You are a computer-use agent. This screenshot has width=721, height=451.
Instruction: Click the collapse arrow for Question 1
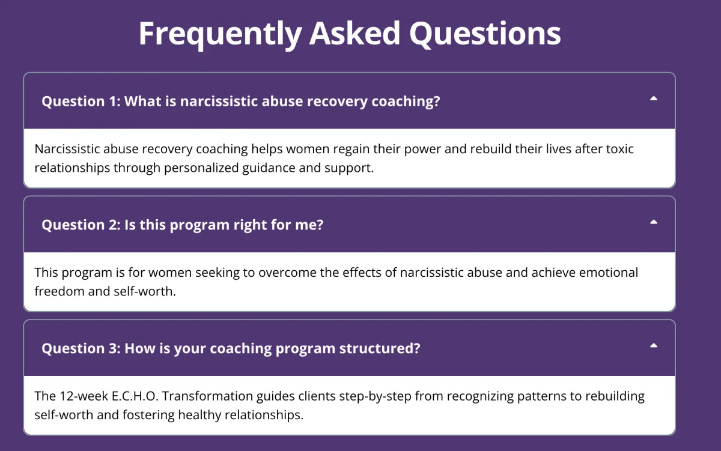(654, 98)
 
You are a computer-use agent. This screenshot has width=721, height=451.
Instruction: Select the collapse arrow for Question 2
(654, 222)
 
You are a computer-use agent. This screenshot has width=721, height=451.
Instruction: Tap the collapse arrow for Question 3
(654, 345)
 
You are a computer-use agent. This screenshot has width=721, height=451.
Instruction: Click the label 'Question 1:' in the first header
(81, 101)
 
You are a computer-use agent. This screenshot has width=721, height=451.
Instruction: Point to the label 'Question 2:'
(81, 225)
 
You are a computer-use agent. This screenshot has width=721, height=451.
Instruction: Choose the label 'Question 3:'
(81, 348)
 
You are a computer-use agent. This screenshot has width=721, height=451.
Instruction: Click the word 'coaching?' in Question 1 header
(406, 101)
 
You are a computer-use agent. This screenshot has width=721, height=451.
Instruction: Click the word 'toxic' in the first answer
(620, 149)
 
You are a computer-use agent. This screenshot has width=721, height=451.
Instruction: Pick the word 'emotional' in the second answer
(608, 273)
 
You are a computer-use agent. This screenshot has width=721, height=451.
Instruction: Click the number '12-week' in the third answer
(84, 396)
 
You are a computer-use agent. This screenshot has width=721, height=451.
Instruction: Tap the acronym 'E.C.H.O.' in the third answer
(135, 396)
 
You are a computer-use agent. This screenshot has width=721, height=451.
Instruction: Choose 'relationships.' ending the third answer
(264, 416)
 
